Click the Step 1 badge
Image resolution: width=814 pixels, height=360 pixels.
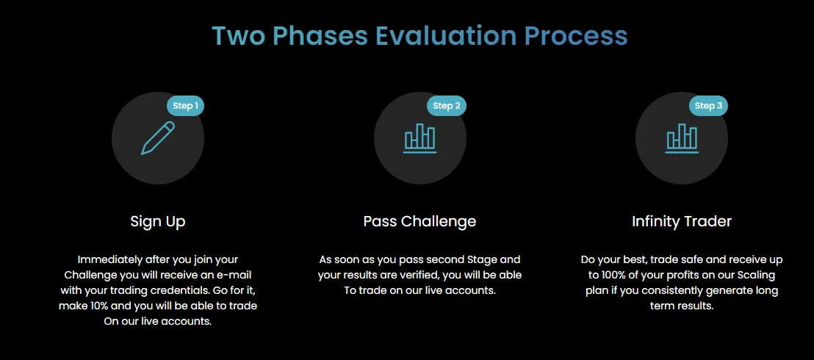click(185, 106)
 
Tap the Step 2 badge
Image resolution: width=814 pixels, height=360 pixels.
click(447, 106)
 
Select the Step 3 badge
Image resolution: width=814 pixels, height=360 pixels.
click(708, 106)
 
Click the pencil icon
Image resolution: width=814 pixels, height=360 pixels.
click(158, 138)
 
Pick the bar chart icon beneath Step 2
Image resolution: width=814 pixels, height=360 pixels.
click(420, 138)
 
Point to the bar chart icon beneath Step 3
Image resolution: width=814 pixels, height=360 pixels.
click(682, 138)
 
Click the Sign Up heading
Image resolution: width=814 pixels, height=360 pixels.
click(158, 221)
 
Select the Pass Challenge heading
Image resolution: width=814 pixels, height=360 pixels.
click(419, 221)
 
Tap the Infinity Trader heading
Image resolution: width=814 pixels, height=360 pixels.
click(682, 221)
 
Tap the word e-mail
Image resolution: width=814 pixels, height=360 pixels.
click(237, 275)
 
